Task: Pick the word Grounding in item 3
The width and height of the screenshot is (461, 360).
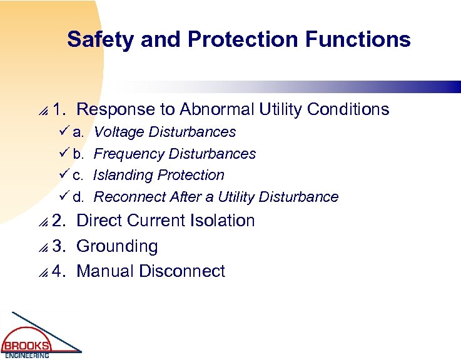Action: click(117, 246)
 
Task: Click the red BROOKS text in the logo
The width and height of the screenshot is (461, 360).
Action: click(26, 346)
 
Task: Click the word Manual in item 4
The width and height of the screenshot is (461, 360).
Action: click(105, 271)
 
